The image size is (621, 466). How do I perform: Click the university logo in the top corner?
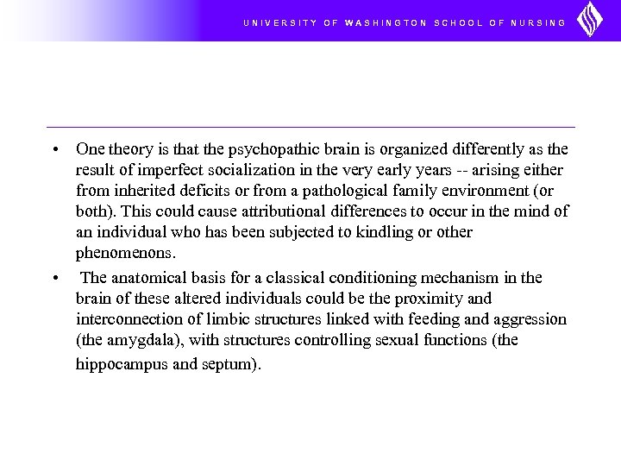(590, 20)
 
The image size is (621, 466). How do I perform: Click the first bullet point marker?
(54, 149)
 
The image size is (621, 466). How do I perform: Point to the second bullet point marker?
(54, 278)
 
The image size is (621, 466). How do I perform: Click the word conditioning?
(382, 278)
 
